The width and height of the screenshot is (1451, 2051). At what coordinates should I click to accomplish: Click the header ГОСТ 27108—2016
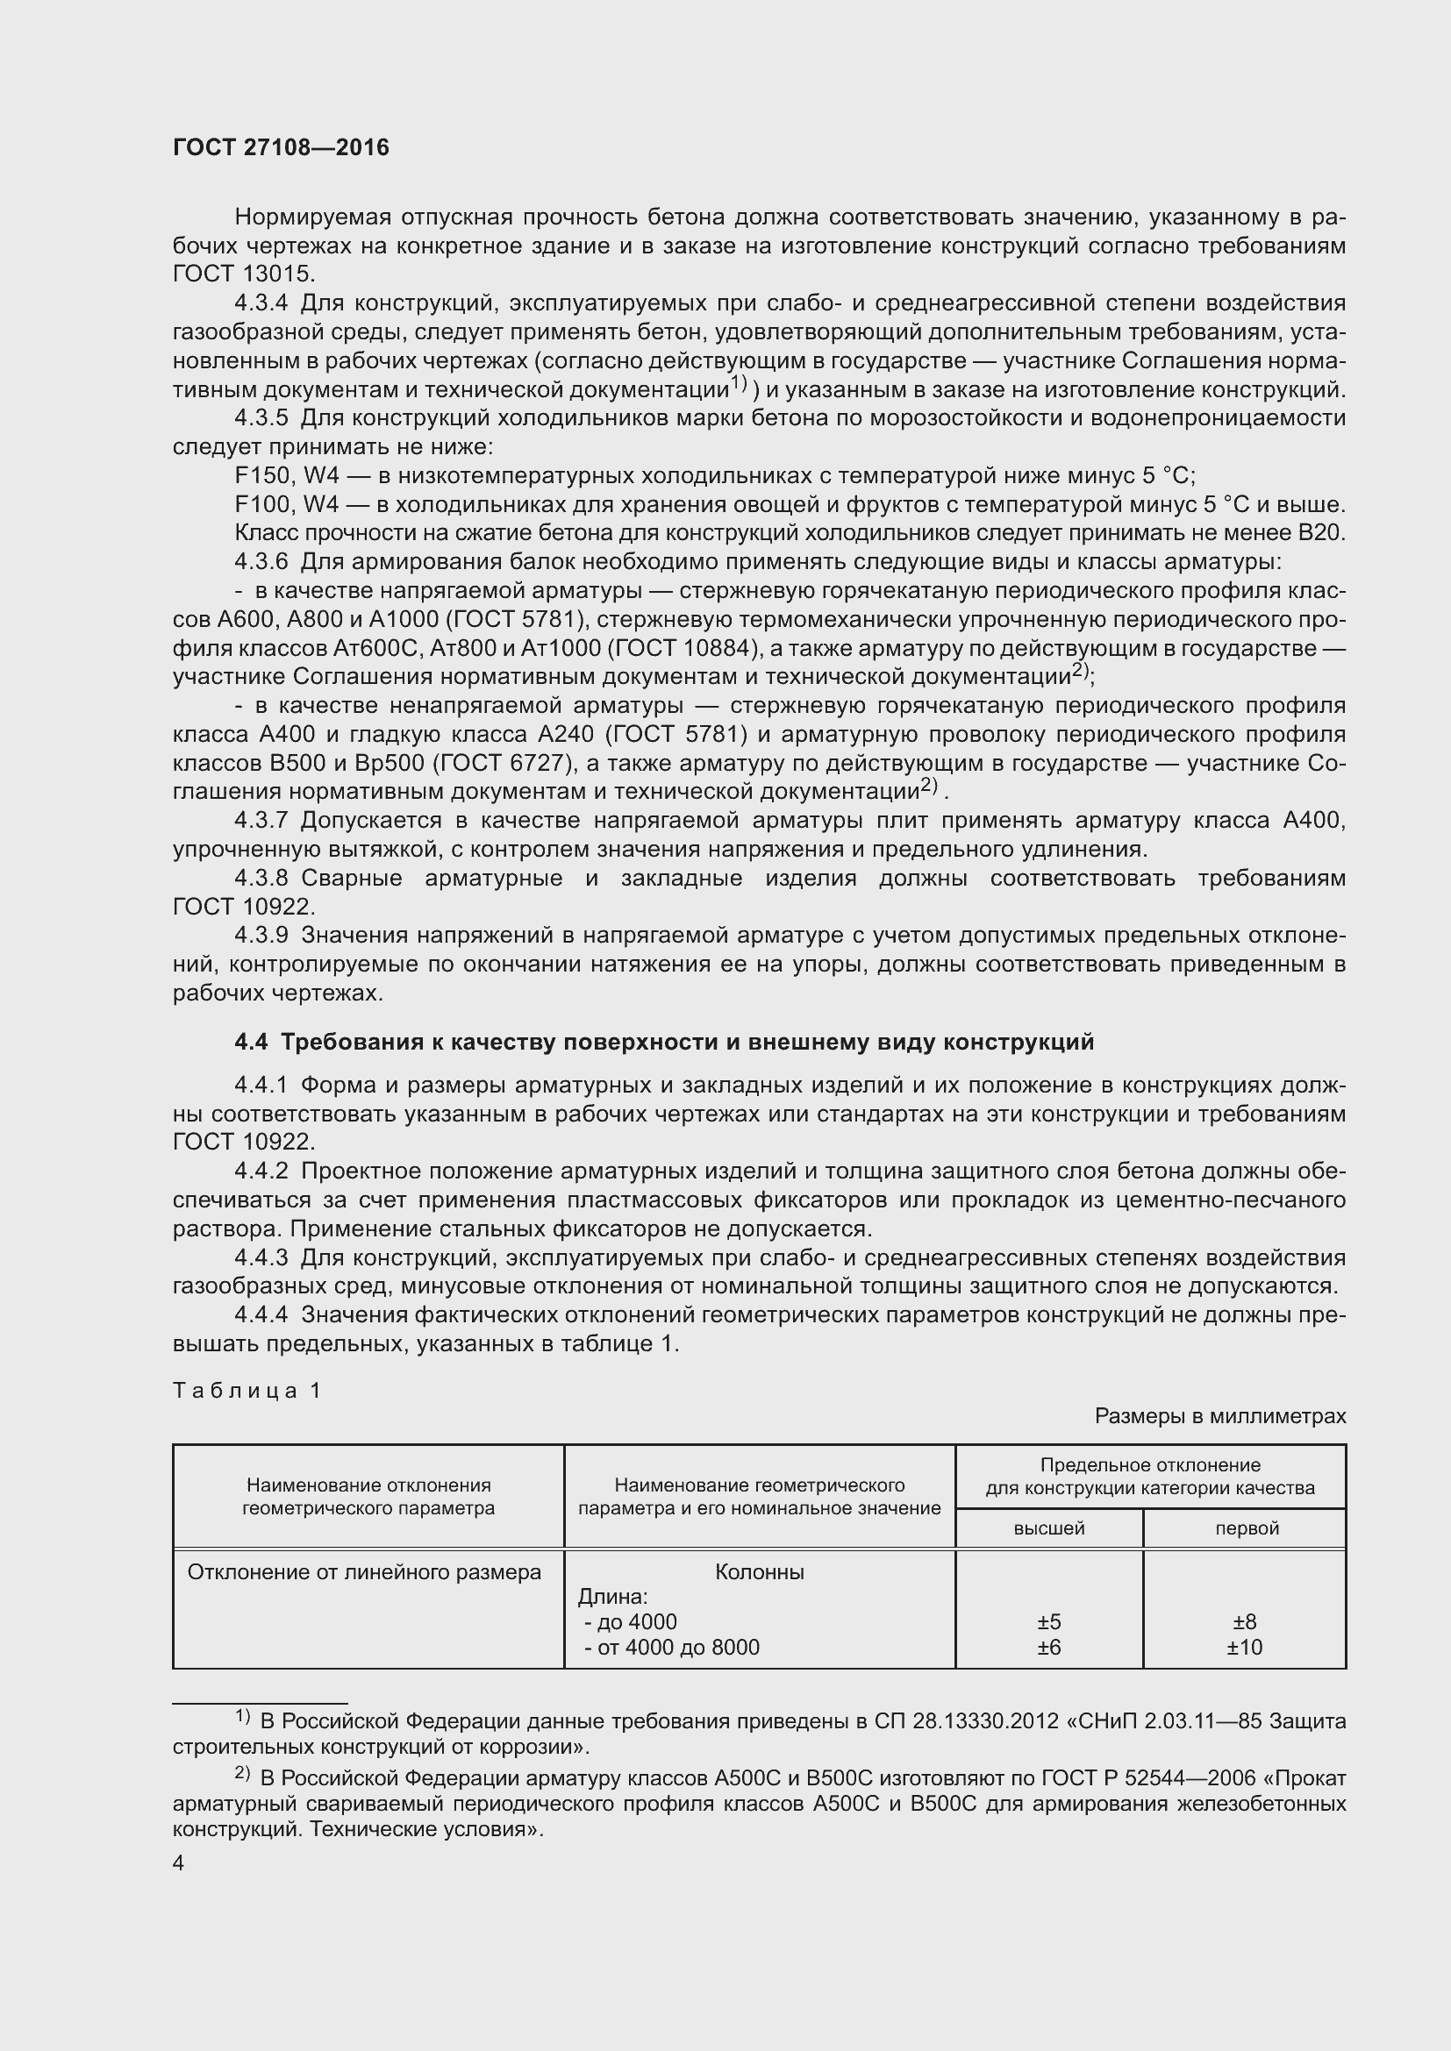pos(281,147)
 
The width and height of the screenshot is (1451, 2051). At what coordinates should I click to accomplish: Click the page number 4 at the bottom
pos(179,1862)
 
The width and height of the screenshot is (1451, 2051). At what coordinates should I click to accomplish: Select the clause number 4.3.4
pos(261,303)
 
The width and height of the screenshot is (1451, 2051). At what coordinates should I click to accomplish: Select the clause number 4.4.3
pos(261,1258)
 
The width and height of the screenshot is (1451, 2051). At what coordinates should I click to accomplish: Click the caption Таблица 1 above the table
pos(247,1390)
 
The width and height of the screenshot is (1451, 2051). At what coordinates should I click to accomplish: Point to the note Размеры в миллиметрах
pos(1219,1416)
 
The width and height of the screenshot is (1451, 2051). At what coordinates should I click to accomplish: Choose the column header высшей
pos(1049,1528)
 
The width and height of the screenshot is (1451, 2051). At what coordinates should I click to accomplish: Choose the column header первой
pos(1247,1528)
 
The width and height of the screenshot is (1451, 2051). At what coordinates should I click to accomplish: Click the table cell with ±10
pos(1244,1648)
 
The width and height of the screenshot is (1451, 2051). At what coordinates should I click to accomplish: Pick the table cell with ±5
pos(1049,1622)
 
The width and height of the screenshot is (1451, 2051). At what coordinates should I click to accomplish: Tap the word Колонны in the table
pos(760,1572)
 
